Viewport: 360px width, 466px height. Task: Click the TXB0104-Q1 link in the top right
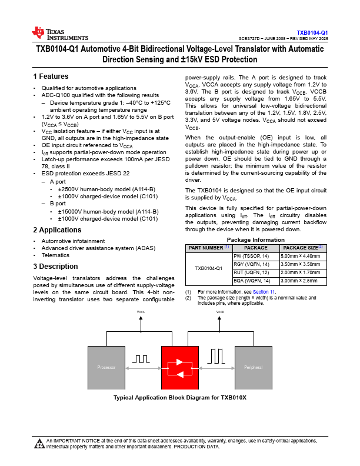coord(312,32)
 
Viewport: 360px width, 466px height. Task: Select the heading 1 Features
coord(51,76)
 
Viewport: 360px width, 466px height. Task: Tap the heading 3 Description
coord(55,267)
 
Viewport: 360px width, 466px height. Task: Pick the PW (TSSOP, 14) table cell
coord(251,257)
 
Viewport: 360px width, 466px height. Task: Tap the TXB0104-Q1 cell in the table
coord(209,268)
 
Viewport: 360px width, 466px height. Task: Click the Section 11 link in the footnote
coord(264,291)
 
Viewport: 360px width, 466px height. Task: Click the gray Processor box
coord(106,367)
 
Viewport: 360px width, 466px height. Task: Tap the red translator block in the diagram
coord(180,368)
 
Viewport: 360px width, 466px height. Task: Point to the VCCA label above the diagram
coord(141,312)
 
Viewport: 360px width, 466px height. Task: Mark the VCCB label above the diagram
coord(220,312)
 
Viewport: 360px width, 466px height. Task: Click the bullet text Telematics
coord(55,255)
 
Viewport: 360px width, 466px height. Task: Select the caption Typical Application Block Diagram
coord(179,398)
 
